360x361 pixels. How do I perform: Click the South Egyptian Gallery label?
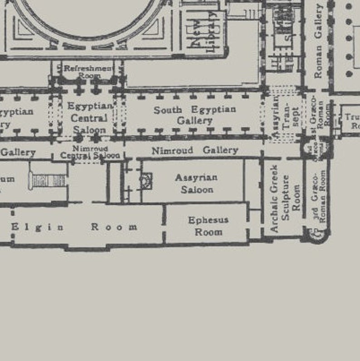[195, 115]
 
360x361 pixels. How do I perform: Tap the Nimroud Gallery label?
[195, 150]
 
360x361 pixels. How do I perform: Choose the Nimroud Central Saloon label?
[90, 152]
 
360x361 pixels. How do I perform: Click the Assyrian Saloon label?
[196, 183]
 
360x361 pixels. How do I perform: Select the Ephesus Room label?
[208, 226]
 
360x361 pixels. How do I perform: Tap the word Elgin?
[38, 227]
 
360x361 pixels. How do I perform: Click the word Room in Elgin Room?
[114, 227]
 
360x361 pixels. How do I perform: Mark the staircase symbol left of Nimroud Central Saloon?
[47, 180]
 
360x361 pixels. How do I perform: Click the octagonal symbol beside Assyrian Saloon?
[146, 181]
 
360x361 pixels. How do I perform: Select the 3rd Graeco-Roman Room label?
[319, 196]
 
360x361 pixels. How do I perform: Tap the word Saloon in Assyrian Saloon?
[197, 189]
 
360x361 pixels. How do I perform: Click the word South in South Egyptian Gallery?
[168, 110]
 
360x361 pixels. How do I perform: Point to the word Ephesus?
[208, 220]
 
